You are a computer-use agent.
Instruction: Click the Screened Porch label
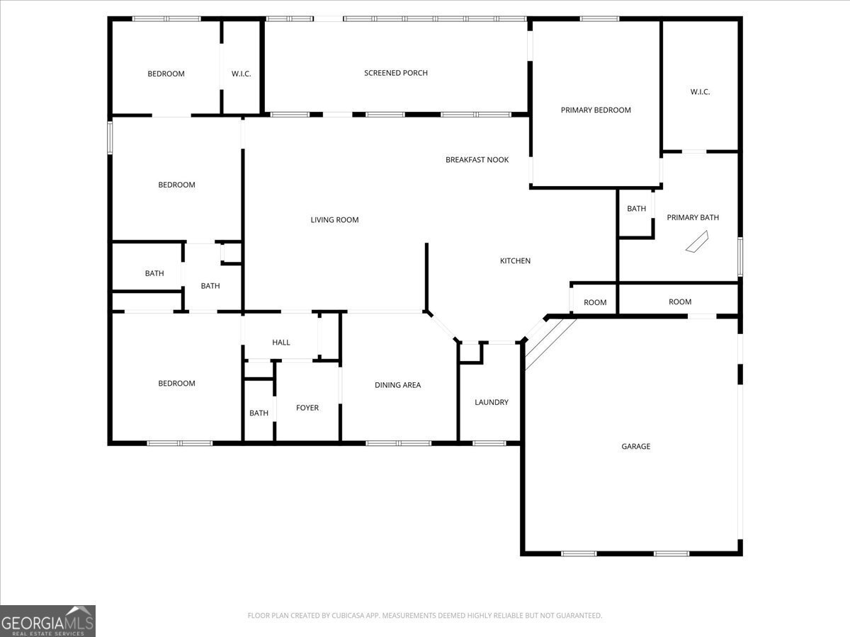[395, 73]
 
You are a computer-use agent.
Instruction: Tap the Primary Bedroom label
[595, 110]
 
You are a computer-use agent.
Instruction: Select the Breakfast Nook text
[477, 160]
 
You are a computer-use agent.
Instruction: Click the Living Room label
[334, 220]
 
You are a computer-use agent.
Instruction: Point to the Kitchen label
[515, 261]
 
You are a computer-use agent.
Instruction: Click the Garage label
[635, 447]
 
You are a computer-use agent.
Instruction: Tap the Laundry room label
[491, 402]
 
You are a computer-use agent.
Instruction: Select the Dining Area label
[397, 385]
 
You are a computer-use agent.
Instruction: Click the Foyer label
[307, 408]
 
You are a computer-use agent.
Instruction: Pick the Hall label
[281, 343]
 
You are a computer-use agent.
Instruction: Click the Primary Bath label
[692, 217]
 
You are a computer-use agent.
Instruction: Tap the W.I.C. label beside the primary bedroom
[700, 92]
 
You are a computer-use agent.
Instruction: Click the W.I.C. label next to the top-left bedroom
[241, 74]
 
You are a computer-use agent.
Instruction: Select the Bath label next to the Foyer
[259, 413]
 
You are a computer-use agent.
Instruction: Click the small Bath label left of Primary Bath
[636, 209]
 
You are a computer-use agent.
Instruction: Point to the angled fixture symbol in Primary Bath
[695, 242]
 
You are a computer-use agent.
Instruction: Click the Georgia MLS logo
[47, 621]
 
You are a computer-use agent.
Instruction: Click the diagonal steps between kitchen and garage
[550, 343]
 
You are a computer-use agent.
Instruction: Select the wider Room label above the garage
[679, 302]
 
